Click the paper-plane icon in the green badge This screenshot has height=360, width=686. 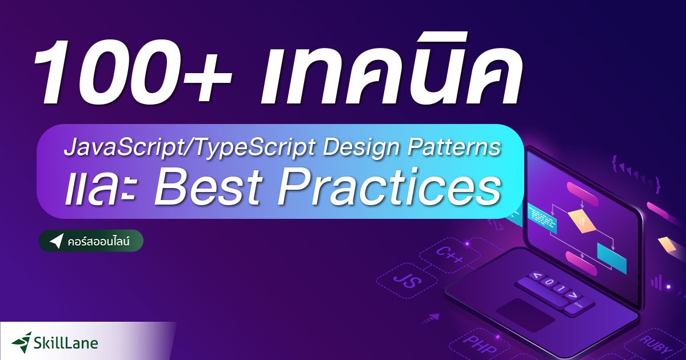(x=56, y=241)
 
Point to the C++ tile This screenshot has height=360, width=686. (x=451, y=255)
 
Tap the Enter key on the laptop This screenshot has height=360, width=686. (x=578, y=306)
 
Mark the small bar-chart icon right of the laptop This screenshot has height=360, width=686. (x=657, y=282)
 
